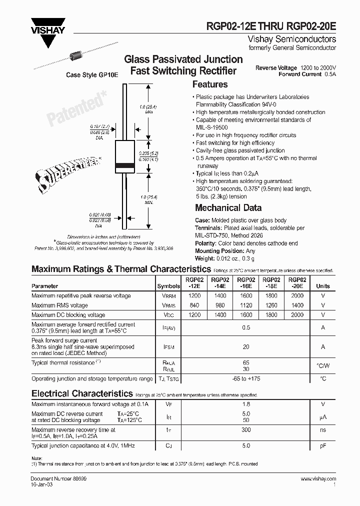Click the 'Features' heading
point(210,84)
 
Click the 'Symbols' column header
point(168,286)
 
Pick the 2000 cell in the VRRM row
point(297,296)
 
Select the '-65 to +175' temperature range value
point(246,379)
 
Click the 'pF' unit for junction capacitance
point(323,445)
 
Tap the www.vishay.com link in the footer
point(318,479)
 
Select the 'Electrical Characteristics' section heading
point(82,393)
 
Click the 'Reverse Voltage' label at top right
point(276,67)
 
